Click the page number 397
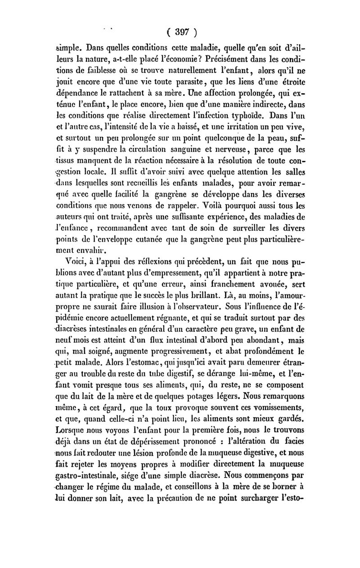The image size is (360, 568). point(182,33)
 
